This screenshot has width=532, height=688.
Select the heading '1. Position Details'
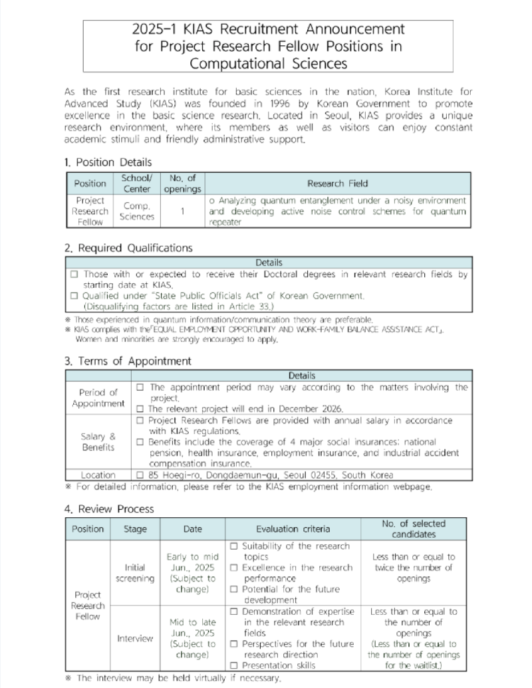108,162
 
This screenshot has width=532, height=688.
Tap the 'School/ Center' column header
136,183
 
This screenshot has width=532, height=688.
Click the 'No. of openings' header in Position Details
183,183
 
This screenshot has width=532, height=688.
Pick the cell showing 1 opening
183,211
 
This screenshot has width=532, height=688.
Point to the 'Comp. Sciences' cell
136,211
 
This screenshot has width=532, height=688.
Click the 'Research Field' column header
337,183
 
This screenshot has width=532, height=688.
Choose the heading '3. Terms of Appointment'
128,361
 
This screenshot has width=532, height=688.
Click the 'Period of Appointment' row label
98,398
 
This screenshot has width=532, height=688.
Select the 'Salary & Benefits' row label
98,442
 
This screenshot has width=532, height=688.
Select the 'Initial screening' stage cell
135,573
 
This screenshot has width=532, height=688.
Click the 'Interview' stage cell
135,638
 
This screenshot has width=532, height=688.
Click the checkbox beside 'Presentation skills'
233,665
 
